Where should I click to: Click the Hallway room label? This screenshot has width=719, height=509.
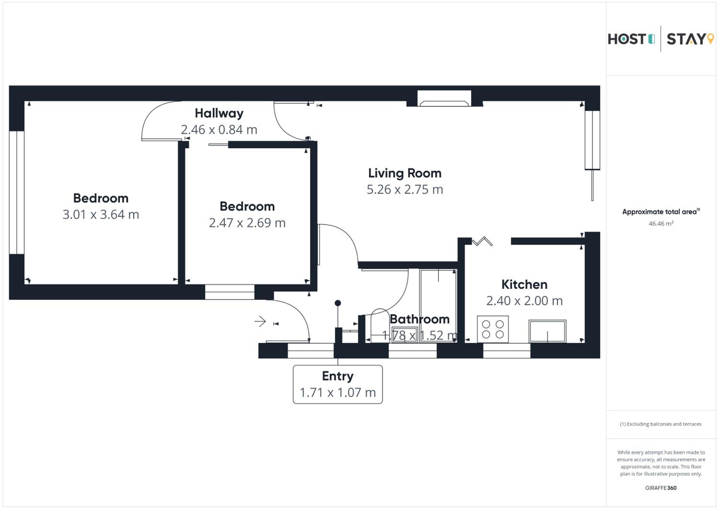click(219, 113)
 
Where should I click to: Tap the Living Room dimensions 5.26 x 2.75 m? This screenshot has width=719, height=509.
click(405, 189)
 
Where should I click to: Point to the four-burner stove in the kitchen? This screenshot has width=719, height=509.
click(493, 329)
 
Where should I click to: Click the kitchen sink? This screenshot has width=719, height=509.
click(547, 331)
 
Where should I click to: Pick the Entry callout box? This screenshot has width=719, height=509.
click(338, 384)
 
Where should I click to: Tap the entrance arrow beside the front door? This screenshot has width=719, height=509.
click(260, 321)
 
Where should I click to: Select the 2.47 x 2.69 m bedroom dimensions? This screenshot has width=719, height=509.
click(247, 223)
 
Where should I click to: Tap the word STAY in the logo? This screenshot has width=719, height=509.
click(686, 39)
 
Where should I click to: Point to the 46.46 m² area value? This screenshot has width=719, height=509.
click(661, 224)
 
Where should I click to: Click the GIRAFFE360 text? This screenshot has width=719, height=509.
click(661, 488)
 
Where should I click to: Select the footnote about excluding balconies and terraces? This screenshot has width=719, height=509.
click(661, 424)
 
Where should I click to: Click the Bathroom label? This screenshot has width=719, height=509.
click(420, 319)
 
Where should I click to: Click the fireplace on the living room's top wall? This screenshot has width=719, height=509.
click(444, 98)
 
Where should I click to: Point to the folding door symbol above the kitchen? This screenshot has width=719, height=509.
click(482, 241)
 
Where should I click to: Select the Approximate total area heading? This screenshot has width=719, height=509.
click(661, 212)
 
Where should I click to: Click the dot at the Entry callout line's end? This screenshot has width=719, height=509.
click(338, 303)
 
